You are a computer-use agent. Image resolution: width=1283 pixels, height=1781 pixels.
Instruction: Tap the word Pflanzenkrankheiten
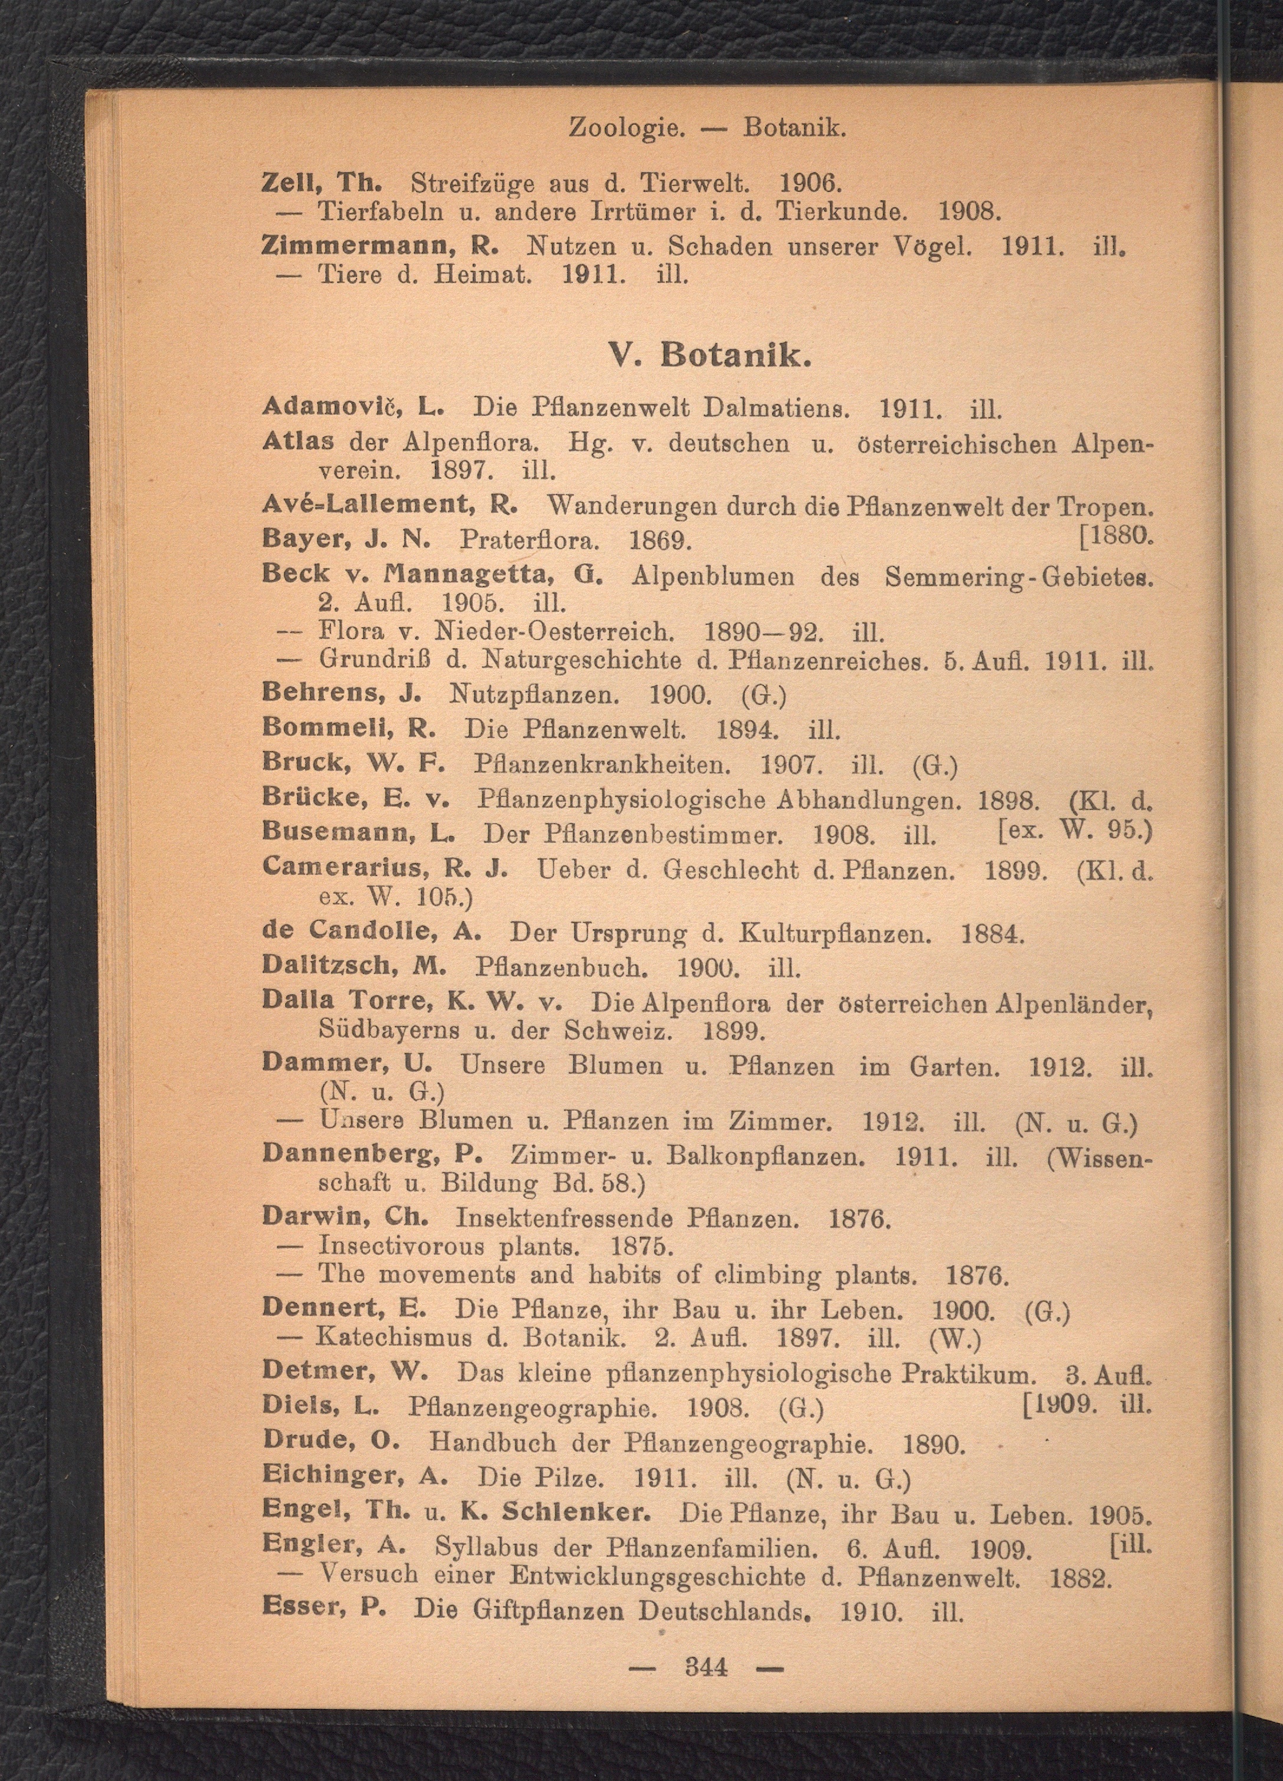coord(609,765)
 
